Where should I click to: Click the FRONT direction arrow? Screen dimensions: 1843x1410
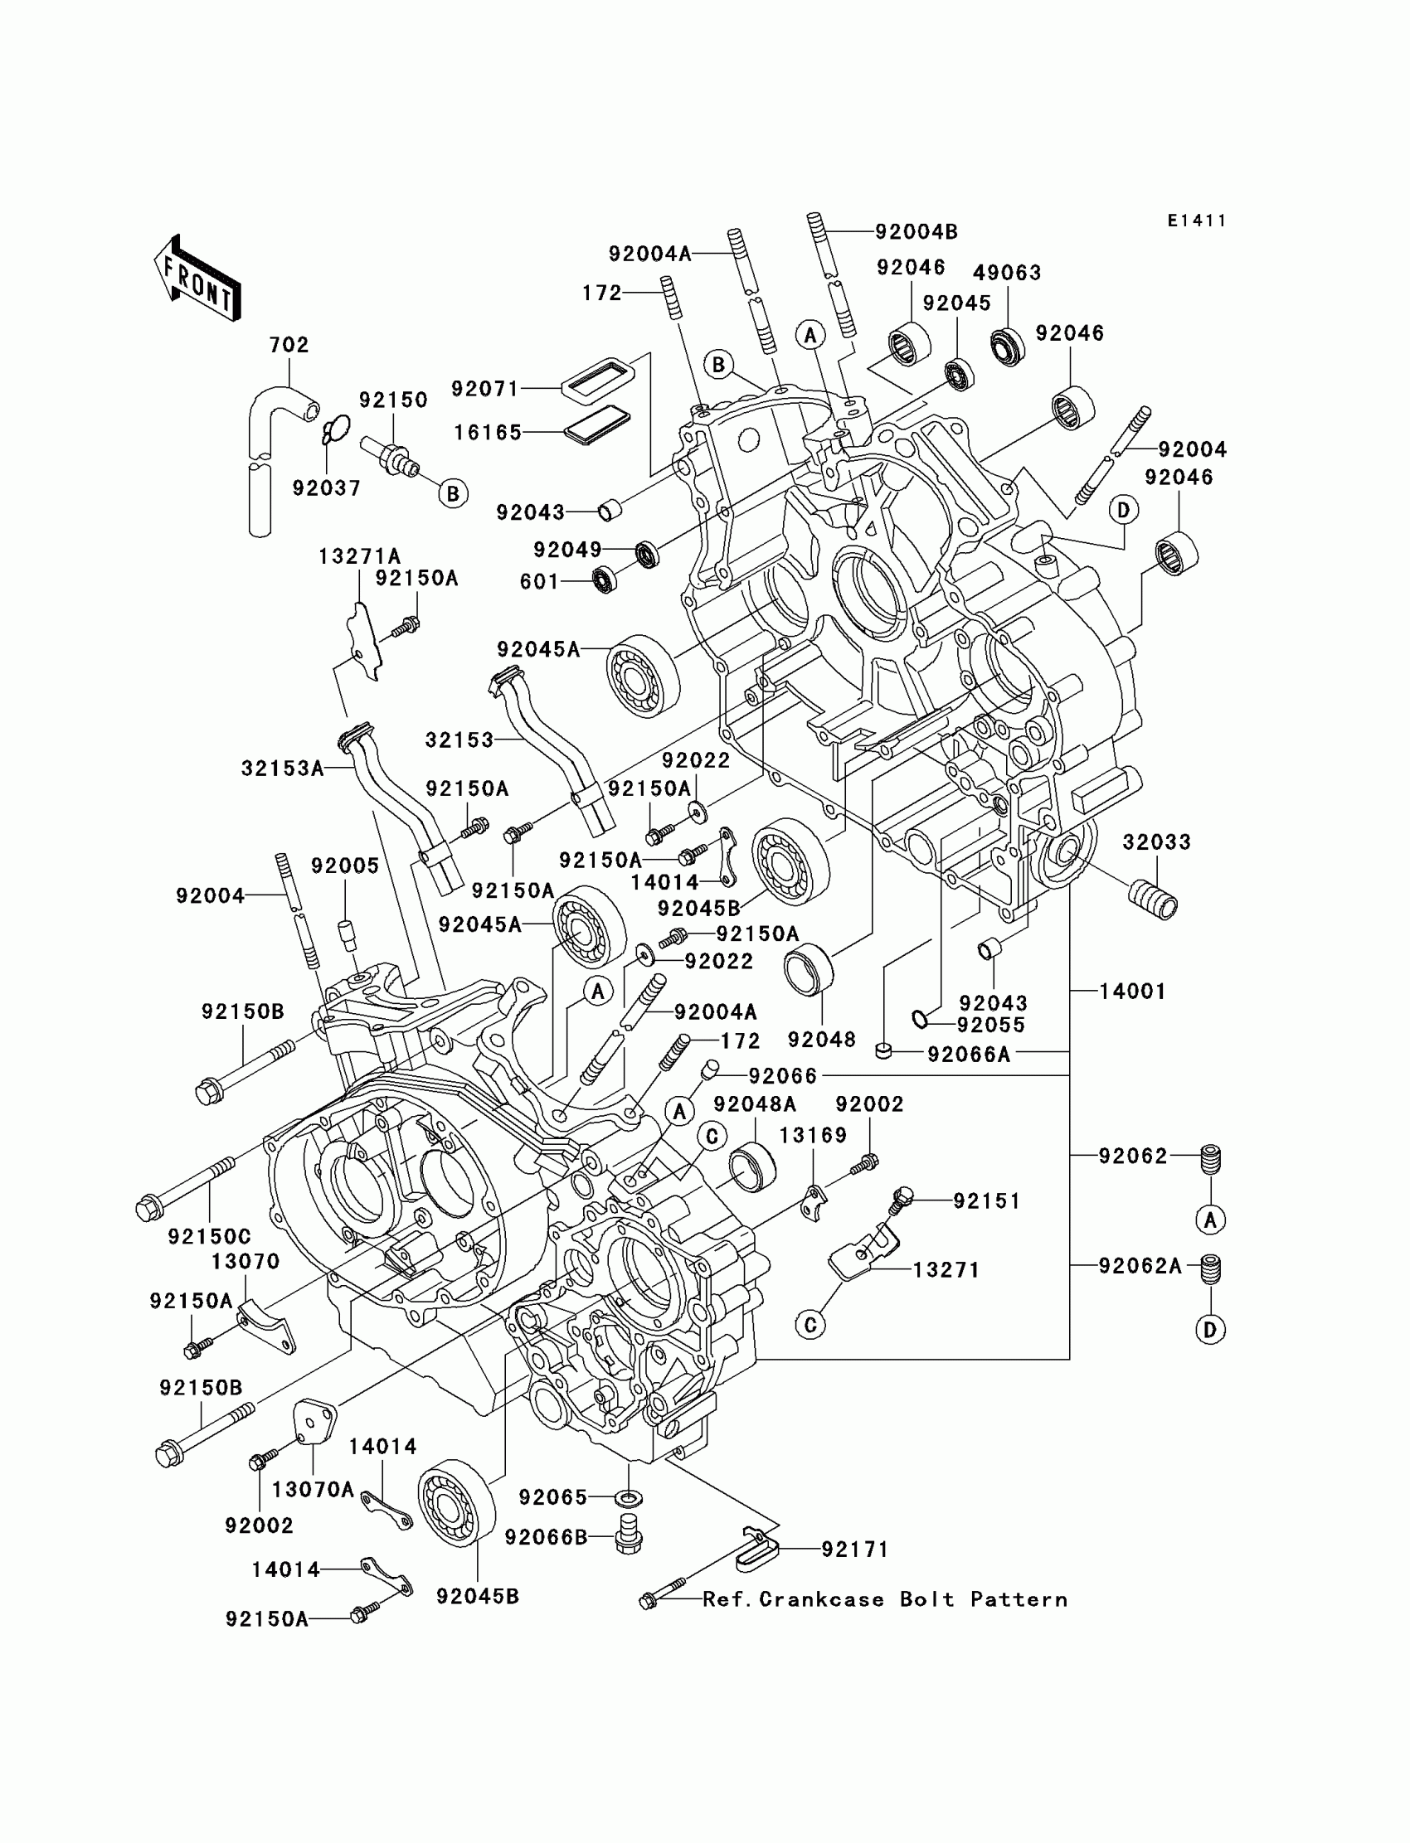point(197,277)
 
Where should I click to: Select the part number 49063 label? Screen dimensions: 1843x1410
point(1006,273)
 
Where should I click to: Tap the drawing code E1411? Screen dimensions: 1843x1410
point(1197,221)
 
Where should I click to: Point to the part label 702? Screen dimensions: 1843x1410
point(289,345)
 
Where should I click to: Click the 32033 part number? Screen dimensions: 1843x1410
point(1156,841)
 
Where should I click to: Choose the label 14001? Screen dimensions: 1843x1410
point(1132,991)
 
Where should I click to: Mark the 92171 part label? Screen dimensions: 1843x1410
point(854,1550)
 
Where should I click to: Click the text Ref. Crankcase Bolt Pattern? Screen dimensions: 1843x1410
point(885,1600)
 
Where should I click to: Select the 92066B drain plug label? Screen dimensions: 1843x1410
point(546,1537)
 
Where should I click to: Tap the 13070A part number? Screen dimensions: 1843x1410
point(312,1489)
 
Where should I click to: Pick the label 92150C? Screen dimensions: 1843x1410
point(209,1235)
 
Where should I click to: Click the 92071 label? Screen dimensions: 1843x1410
point(485,388)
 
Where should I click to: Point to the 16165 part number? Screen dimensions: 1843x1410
point(488,432)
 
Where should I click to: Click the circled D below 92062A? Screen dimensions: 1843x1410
point(1210,1330)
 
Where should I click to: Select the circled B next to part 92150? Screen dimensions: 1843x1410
point(453,493)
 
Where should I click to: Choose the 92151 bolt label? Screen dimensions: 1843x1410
point(986,1201)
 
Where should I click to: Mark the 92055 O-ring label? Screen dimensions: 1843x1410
point(990,1025)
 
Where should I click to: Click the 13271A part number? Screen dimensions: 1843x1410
point(359,556)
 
